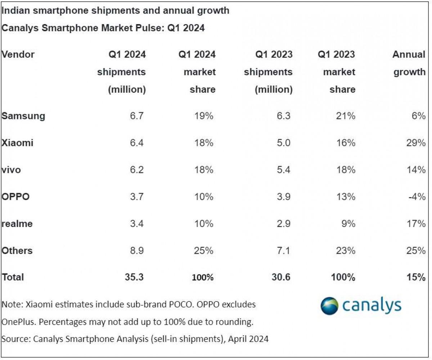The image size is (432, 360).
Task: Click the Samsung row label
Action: point(23,116)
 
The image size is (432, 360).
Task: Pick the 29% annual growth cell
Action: point(416,143)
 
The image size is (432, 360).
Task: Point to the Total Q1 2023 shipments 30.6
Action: point(282,277)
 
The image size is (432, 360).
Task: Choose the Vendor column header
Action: point(18,55)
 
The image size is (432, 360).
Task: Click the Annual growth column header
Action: point(409,63)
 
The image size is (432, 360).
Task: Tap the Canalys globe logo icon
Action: point(329,306)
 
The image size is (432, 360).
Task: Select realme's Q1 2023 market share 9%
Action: point(349,224)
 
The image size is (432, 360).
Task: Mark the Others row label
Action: point(17,251)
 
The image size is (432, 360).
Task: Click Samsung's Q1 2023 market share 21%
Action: point(346,116)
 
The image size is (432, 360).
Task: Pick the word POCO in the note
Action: point(189,305)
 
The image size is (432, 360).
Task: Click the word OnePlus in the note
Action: point(18,322)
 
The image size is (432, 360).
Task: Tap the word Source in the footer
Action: point(14,339)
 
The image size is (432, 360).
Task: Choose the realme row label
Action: point(17,224)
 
